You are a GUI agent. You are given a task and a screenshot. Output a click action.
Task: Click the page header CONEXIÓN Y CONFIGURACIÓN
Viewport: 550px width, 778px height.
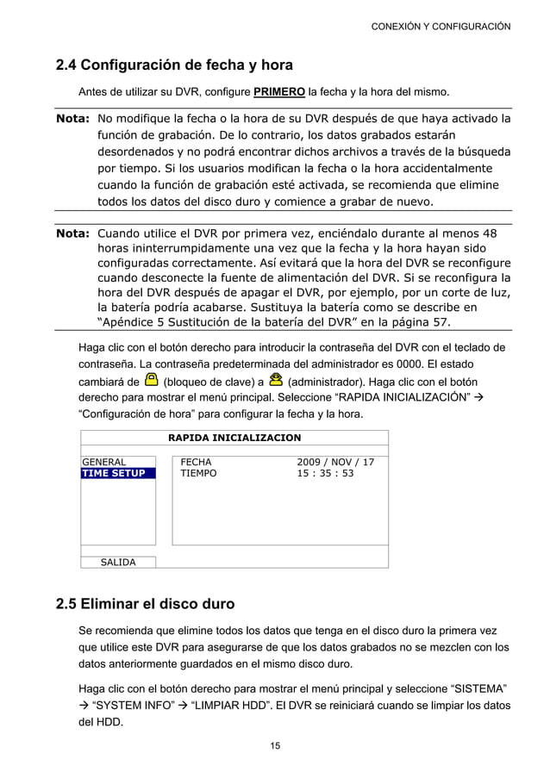[440, 27]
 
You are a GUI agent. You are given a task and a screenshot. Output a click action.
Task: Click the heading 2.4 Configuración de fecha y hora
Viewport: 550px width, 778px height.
[174, 65]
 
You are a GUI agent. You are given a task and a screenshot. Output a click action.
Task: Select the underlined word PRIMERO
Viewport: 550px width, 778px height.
[279, 91]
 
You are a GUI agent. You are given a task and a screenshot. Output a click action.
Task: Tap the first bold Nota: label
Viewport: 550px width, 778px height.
[73, 118]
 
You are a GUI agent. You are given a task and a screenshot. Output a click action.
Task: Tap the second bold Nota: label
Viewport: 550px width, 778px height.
[73, 233]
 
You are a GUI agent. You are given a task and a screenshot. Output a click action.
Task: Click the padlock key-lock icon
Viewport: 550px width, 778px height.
[151, 379]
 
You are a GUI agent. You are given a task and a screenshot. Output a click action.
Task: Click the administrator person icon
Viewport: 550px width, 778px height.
[276, 379]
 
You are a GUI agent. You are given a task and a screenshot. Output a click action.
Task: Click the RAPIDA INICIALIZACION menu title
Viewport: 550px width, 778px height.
[234, 438]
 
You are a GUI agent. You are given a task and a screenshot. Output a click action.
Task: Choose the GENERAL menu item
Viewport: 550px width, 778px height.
[103, 462]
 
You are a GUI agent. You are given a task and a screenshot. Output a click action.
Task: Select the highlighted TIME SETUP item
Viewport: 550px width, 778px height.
[113, 473]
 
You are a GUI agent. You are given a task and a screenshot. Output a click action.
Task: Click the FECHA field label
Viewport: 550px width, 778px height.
[196, 462]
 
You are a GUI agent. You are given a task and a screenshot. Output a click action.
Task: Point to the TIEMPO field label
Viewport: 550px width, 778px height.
[199, 473]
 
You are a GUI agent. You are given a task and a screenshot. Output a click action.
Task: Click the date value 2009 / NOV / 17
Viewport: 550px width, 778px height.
[335, 462]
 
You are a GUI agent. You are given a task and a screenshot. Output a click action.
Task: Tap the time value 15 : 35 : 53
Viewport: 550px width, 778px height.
[325, 473]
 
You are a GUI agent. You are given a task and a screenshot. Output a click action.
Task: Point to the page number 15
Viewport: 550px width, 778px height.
[275, 745]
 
